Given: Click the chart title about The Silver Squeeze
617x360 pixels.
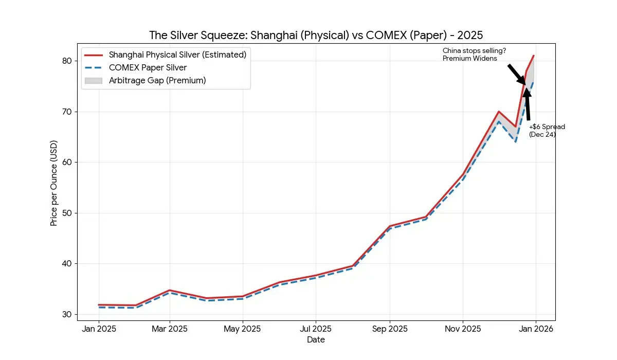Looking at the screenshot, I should point(316,35).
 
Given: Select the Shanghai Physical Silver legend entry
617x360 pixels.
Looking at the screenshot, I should point(177,55).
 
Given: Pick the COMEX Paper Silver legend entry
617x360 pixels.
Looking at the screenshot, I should point(148,67).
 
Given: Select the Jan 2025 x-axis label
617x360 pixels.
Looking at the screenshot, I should point(99,329).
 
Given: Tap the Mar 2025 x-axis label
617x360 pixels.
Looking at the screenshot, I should point(169,329).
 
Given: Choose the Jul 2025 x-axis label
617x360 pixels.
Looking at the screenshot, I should point(316,329).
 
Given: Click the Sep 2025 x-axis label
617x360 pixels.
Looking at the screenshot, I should point(389,329).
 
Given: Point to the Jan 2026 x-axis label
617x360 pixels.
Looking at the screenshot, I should point(536,329).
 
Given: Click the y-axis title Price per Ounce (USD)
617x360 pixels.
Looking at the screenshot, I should point(54,183).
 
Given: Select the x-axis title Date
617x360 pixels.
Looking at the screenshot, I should point(316,339).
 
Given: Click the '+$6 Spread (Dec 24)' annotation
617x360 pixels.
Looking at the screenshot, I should point(547,131).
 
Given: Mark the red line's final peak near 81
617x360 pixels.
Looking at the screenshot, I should point(534,56).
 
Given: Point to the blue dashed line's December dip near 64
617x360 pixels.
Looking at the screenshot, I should point(516,142).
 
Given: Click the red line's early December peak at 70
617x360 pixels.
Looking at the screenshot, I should point(499,112).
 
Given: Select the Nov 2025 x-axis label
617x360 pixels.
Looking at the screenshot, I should point(463,329).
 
